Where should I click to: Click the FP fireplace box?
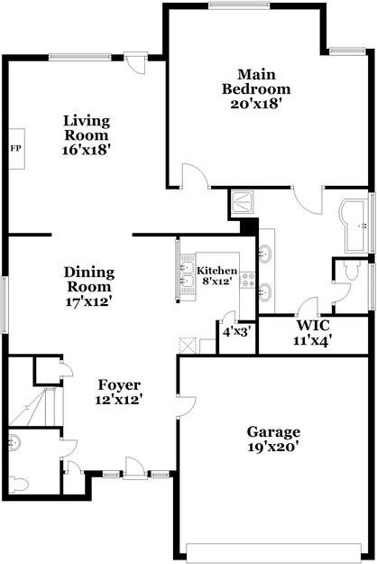tap(16, 149)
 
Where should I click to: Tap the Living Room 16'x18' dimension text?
tap(86, 150)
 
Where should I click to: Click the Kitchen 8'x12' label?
tap(217, 275)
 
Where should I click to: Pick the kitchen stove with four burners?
tap(247, 280)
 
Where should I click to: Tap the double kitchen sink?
tap(188, 275)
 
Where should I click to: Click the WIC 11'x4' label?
tap(312, 333)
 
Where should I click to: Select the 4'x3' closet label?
tap(236, 331)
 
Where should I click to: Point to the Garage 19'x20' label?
tap(273, 439)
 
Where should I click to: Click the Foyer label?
tap(119, 384)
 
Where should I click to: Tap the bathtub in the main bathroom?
tap(354, 227)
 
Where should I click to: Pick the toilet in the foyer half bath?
tap(19, 485)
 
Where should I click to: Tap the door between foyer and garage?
tap(186, 406)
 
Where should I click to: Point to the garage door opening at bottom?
tap(273, 552)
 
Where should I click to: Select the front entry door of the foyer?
tap(135, 468)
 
